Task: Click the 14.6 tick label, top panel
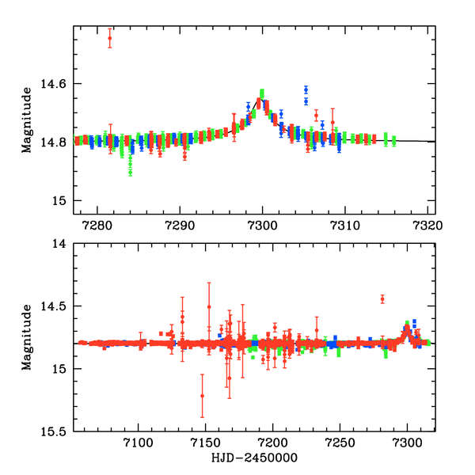click(56, 84)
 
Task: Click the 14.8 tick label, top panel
click(56, 142)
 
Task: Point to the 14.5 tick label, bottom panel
click(56, 306)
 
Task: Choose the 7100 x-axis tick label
click(139, 444)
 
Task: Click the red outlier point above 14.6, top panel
click(110, 38)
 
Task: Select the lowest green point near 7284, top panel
click(130, 173)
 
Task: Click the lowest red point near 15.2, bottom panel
click(202, 396)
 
